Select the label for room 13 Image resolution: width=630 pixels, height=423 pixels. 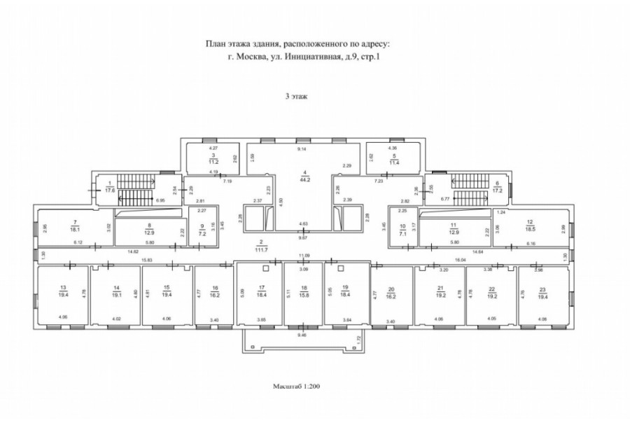[64, 291]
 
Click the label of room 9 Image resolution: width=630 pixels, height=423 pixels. [203, 229]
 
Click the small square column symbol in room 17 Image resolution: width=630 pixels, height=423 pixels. [266, 268]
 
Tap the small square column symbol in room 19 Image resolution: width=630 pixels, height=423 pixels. [340, 268]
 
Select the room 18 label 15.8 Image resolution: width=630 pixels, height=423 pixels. [303, 293]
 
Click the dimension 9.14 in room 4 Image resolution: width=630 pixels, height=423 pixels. [302, 149]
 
